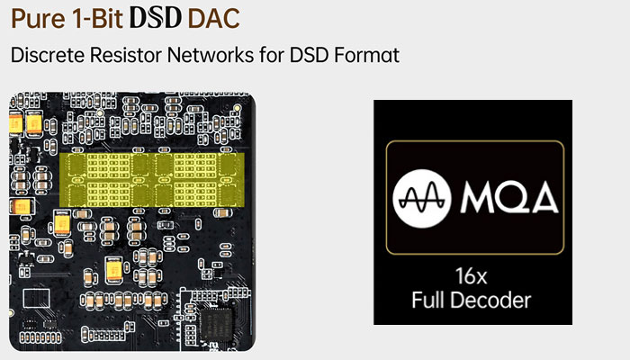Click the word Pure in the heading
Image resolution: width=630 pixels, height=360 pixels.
(38, 19)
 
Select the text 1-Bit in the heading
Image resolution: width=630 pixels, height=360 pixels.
(97, 19)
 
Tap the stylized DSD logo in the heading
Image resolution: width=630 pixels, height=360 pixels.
(156, 18)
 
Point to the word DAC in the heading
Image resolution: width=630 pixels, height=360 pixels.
(213, 19)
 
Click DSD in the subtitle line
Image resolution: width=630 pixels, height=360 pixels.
(309, 55)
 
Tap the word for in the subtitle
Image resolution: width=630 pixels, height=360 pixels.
(271, 55)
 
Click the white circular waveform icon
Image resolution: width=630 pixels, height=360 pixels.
(422, 199)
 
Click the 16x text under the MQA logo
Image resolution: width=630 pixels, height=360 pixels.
(471, 276)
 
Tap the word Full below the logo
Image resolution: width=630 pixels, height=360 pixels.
(427, 300)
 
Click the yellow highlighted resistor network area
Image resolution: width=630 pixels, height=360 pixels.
(152, 180)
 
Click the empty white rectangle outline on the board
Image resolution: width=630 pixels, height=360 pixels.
(37, 298)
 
